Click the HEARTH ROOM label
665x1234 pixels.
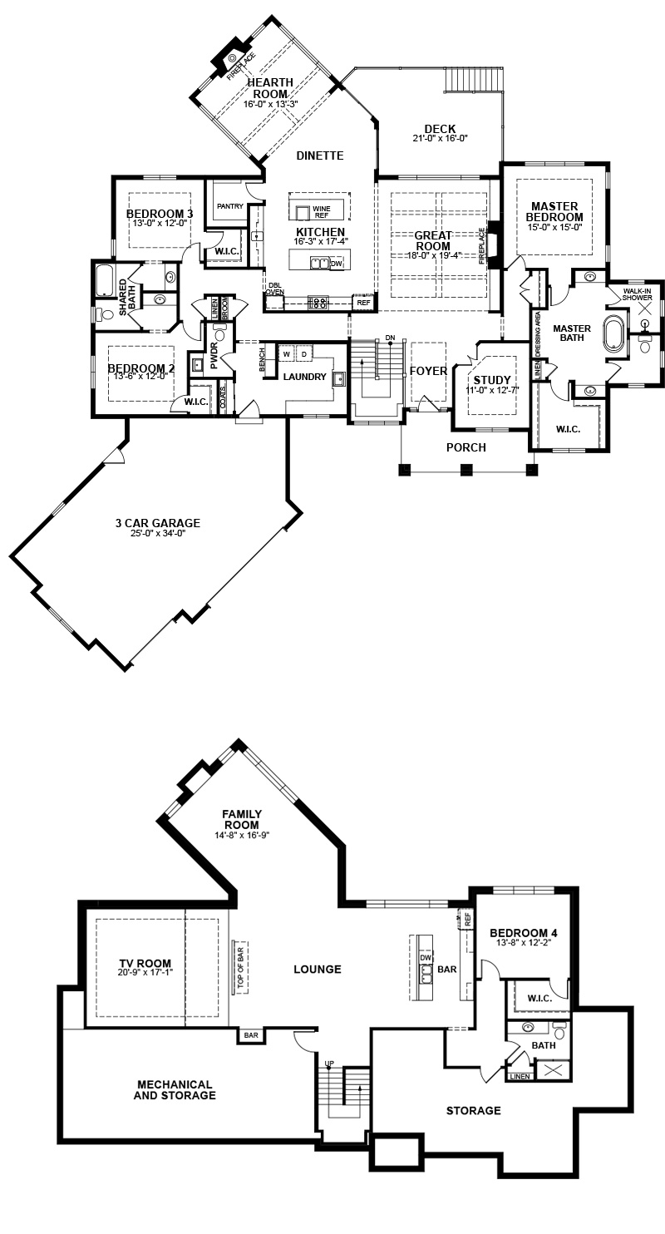pos(270,88)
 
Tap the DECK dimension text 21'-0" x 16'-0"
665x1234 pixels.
pos(440,139)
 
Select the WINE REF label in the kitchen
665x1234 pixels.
pos(322,212)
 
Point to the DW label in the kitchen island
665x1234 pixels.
pos(336,264)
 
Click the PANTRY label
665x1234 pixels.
pos(230,206)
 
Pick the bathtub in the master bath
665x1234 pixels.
pos(614,333)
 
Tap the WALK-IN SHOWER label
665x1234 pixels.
pos(638,294)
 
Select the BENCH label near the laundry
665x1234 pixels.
pos(262,358)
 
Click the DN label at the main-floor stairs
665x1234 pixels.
pos(391,338)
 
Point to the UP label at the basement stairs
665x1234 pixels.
pos(329,1064)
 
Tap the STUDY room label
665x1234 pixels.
pos(492,380)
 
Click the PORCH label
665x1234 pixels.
pos(466,448)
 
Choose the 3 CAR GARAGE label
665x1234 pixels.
pos(157,523)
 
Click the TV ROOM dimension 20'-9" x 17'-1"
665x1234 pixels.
pos(145,974)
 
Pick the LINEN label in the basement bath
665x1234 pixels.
pos(520,1077)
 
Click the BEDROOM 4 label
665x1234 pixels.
pos(524,933)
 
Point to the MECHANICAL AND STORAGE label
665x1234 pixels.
pos(175,1089)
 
